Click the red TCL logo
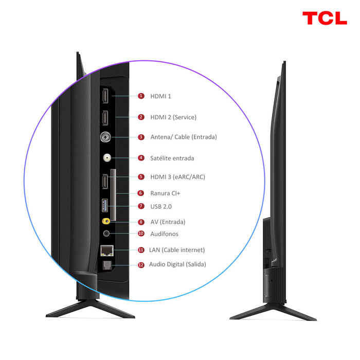pyautogui.click(x=324, y=18)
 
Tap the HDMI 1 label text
pyautogui.click(x=160, y=96)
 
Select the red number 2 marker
pyautogui.click(x=141, y=117)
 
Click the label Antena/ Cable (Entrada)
pyautogui.click(x=183, y=137)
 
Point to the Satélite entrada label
pyautogui.click(x=172, y=158)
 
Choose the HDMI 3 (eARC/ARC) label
pyautogui.click(x=177, y=176)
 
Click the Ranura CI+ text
pyautogui.click(x=165, y=193)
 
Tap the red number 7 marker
pyautogui.click(x=141, y=206)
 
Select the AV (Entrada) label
pyautogui.click(x=168, y=222)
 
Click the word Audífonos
pyautogui.click(x=165, y=233)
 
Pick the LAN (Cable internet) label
pyautogui.click(x=177, y=250)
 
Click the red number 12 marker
pyautogui.click(x=141, y=264)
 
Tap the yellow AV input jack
pyautogui.click(x=106, y=222)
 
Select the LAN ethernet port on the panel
pyautogui.click(x=106, y=250)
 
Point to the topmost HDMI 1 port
pyautogui.click(x=105, y=96)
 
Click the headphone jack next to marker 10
pyautogui.click(x=106, y=233)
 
